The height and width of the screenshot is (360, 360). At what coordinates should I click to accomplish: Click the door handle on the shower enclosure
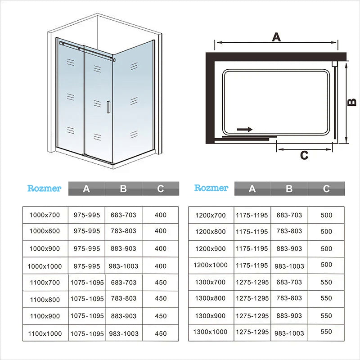point(108,107)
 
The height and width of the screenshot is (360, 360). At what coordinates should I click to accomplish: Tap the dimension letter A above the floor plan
point(276,37)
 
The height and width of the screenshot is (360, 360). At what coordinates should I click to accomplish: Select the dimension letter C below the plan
point(304,155)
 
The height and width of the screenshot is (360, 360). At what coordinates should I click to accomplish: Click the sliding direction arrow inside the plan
point(245,130)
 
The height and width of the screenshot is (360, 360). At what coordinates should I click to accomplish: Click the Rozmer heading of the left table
point(44,188)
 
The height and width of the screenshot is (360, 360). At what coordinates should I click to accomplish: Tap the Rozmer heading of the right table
point(211,188)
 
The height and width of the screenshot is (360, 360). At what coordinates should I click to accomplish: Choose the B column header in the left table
point(123,189)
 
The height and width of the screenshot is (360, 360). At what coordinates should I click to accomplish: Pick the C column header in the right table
point(326,189)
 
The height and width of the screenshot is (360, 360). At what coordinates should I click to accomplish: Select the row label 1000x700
point(45,215)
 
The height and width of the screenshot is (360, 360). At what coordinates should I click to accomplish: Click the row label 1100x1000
point(45,333)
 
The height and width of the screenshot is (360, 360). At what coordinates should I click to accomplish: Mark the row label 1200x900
point(211,249)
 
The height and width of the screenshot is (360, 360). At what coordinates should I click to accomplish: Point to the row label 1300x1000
point(210,332)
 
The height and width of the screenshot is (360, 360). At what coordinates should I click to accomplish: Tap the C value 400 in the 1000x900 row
point(161,248)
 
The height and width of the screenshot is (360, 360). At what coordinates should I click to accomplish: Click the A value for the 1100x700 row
point(87,283)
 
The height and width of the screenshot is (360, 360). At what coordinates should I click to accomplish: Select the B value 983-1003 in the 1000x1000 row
point(123,266)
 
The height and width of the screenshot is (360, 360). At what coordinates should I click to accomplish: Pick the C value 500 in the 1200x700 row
point(327,215)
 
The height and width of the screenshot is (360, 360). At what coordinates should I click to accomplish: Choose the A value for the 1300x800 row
point(252,298)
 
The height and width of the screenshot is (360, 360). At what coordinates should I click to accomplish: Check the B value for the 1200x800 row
point(289,231)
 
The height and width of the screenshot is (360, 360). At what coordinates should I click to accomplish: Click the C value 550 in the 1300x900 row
point(326,316)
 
